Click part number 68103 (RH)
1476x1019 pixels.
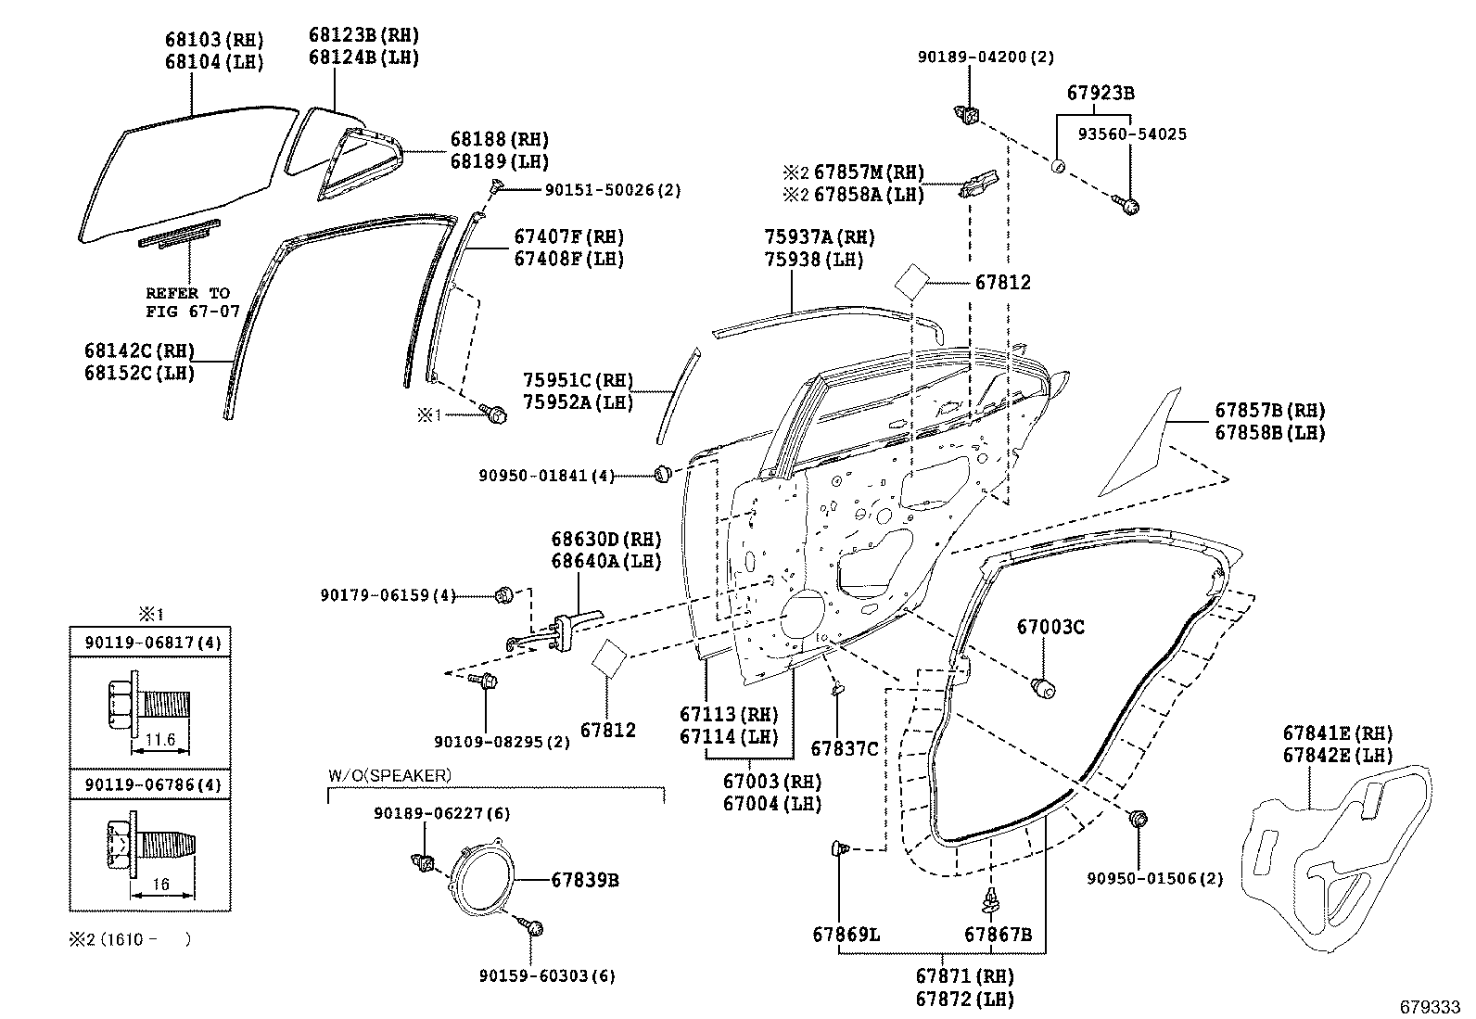tap(214, 40)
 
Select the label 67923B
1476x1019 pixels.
tap(1101, 94)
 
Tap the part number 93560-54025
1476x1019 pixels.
tap(1132, 134)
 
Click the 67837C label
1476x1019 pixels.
tap(844, 748)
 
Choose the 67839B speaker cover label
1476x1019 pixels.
tap(584, 879)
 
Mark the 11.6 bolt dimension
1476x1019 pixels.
tap(160, 740)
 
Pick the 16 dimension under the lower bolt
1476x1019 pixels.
tap(160, 885)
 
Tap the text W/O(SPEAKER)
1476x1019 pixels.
tap(389, 774)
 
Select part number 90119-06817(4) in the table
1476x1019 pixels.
tap(149, 642)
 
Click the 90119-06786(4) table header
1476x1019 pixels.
tap(149, 785)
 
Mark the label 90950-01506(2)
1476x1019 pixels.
tap(1164, 878)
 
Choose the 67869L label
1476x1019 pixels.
tap(846, 935)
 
